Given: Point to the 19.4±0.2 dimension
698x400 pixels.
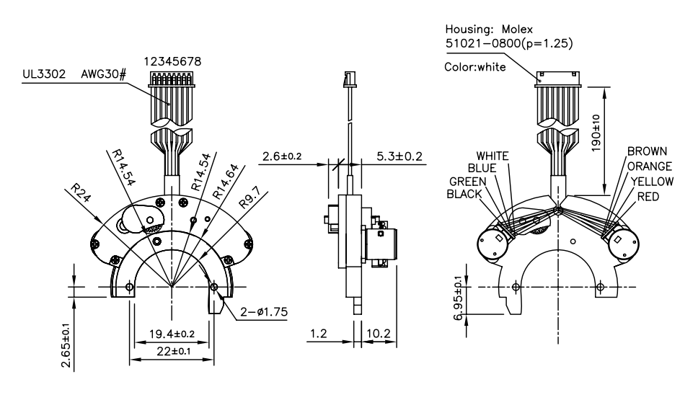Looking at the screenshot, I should coord(171,334).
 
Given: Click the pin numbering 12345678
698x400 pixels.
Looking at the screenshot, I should coord(172,63).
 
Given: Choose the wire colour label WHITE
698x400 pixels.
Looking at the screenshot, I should coord(492,156).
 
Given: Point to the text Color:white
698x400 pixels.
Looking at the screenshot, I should coord(474,68).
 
